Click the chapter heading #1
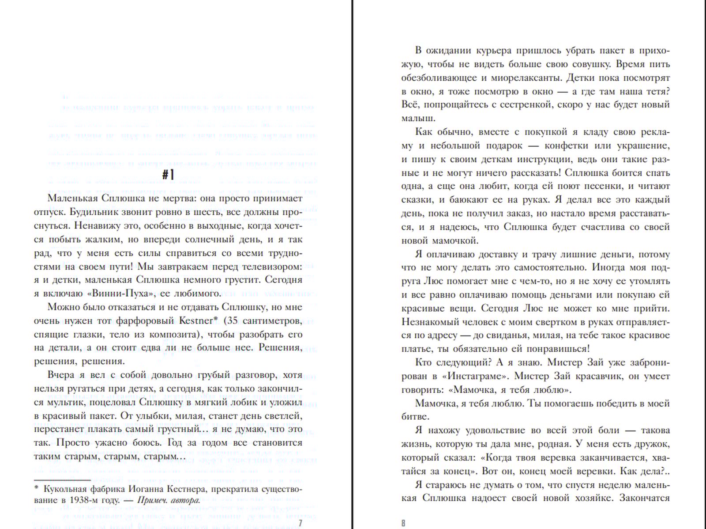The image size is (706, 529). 168,175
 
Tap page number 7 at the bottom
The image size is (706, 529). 300,523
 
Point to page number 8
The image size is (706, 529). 403,523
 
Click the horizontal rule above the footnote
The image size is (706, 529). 62,480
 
